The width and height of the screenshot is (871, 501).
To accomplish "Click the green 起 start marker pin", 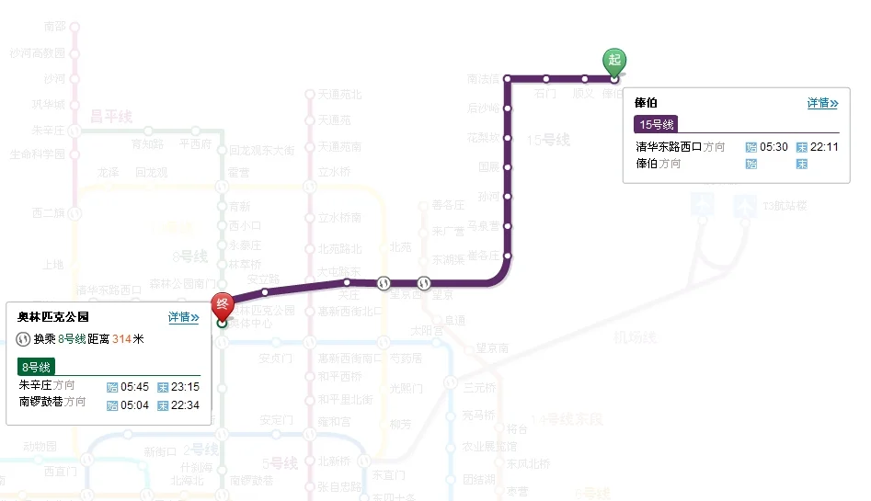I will click(x=614, y=62).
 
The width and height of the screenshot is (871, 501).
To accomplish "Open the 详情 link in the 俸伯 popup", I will click(x=822, y=103).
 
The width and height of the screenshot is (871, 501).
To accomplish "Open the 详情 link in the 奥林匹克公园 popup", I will click(x=183, y=317).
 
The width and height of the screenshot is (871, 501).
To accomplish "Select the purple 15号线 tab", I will click(x=657, y=124).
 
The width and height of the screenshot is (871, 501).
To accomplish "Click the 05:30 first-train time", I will click(x=774, y=147).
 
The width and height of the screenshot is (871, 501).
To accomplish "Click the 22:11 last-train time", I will click(x=824, y=147).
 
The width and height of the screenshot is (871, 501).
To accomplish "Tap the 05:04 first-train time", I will click(x=133, y=404).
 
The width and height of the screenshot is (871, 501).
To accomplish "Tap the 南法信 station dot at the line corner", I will click(x=508, y=79).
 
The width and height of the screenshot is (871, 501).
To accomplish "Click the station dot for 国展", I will click(x=508, y=167).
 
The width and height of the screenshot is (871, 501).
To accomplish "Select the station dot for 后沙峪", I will click(x=508, y=108).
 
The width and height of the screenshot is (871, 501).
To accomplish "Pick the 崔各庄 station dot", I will click(x=508, y=256).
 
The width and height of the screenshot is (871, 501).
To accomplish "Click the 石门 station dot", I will click(x=546, y=79).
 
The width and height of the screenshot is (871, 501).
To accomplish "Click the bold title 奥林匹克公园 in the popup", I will click(x=53, y=317).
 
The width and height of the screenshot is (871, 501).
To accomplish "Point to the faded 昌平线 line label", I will click(x=111, y=117).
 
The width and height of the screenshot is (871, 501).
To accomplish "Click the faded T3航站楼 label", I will click(x=785, y=207).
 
